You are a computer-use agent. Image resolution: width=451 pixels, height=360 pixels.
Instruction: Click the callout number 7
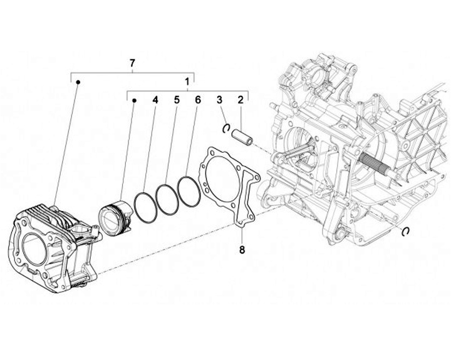132,63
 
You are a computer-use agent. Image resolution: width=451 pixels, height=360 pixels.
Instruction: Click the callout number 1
187,81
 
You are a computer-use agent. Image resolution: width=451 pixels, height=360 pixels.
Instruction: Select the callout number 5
177,100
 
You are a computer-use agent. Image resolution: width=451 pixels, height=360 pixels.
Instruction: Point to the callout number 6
197,100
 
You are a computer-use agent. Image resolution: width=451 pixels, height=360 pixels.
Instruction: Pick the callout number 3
219,100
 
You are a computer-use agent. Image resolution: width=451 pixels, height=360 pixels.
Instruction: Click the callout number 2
239,100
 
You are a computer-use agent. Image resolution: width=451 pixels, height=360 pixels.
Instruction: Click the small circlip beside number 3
227,128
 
